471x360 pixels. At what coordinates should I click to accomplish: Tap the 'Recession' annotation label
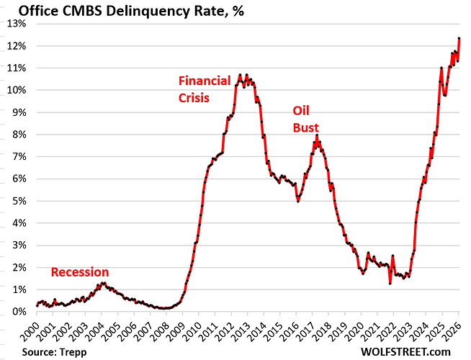point(80,272)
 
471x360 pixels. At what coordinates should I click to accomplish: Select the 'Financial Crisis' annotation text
point(204,89)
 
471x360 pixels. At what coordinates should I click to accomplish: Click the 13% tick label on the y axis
point(17,23)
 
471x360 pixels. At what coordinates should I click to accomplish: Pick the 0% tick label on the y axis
point(19,312)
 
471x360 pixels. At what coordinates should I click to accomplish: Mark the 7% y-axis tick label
point(19,156)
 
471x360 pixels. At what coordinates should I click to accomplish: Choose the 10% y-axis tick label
point(17,90)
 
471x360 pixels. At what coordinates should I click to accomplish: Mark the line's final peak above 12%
point(459,39)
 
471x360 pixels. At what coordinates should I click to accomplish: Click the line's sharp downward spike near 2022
point(390,283)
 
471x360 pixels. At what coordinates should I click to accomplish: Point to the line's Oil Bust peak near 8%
point(316,135)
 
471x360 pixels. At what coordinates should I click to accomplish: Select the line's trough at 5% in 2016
point(298,201)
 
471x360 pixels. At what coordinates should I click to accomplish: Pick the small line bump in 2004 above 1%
point(103,284)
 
